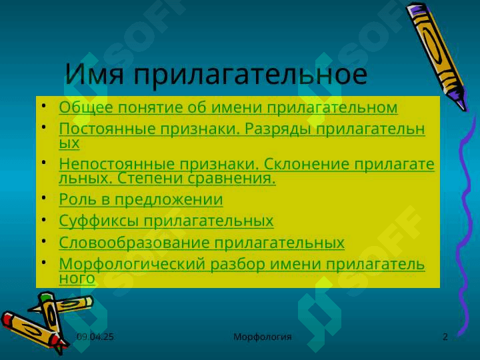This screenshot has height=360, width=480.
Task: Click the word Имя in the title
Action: [95, 74]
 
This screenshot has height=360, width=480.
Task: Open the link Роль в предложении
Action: [141, 199]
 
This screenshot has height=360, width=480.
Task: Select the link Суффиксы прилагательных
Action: [166, 221]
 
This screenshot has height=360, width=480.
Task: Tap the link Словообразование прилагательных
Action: [202, 243]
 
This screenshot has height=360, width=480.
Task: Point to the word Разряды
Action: [278, 129]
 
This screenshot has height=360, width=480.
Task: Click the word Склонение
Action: [307, 164]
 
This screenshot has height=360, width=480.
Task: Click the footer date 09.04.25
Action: [95, 337]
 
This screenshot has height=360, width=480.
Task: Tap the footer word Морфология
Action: [263, 337]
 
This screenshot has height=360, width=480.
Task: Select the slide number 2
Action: [445, 337]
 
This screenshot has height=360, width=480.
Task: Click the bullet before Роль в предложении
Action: [44, 197]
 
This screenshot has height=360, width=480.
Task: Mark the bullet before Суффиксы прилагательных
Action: [44, 219]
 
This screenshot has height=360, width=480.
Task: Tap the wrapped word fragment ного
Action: [77, 279]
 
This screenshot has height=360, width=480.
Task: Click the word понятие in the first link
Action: [150, 108]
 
